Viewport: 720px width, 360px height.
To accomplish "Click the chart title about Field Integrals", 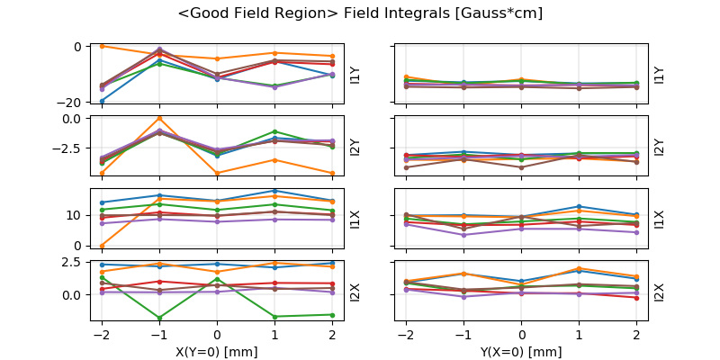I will click(x=360, y=13).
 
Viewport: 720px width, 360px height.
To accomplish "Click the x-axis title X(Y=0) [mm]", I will click(x=217, y=351).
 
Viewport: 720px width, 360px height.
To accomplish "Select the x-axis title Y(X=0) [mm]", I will click(x=521, y=351).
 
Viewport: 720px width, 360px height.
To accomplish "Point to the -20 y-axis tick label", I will click(x=74, y=102).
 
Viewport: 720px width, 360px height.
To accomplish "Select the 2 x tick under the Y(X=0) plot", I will click(x=636, y=333).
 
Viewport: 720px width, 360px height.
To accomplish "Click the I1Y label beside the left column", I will click(x=355, y=75).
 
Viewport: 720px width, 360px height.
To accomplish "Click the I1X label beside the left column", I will click(x=355, y=219).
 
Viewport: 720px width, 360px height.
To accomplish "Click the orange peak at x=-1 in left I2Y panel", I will click(x=159, y=118).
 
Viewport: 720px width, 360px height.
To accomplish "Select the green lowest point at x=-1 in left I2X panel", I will click(x=159, y=318).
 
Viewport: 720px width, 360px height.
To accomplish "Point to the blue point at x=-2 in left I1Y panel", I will click(x=102, y=101).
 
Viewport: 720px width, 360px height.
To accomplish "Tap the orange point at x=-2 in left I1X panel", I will click(x=102, y=245).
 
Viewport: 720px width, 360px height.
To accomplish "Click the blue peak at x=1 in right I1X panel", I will click(x=579, y=207).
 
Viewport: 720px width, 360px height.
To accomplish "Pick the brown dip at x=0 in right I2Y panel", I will click(x=521, y=167).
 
